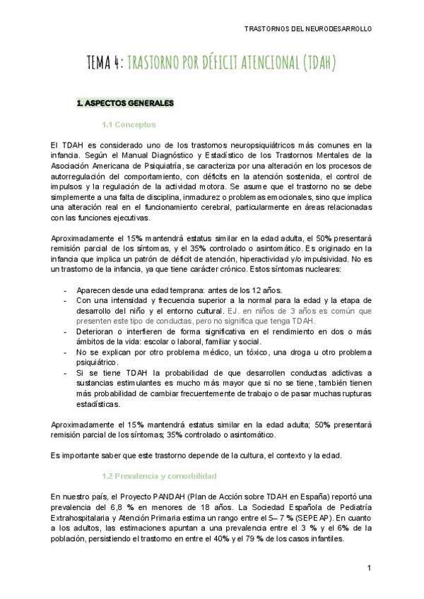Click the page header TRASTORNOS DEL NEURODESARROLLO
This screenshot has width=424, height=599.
click(x=307, y=29)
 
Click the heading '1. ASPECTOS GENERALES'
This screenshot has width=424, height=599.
click(x=124, y=103)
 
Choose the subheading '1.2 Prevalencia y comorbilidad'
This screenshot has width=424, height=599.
click(x=159, y=476)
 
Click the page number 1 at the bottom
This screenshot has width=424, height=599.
click(x=369, y=568)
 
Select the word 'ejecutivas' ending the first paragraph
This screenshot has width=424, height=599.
click(x=129, y=218)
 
